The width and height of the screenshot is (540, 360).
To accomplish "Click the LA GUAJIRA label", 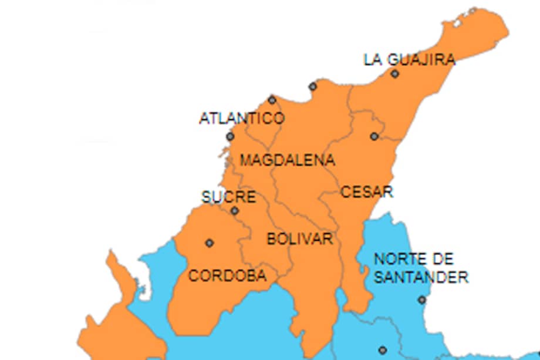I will (x=409, y=60).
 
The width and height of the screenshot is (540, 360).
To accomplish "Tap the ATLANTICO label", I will (x=242, y=119).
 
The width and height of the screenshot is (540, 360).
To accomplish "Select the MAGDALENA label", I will (x=288, y=160).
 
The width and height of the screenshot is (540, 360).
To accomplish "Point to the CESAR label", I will (x=367, y=192).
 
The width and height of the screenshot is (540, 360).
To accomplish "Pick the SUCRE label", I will (x=228, y=197).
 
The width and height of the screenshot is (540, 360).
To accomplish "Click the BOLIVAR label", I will (x=300, y=239).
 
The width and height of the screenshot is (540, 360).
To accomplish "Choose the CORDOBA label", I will (x=227, y=275).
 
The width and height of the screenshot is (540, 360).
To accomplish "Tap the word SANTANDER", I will (x=421, y=277).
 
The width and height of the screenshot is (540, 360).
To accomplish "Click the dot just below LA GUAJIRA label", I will (x=395, y=74).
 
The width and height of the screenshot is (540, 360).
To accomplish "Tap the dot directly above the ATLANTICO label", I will (x=272, y=100).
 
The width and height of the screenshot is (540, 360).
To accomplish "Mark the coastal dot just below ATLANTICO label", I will (x=230, y=137).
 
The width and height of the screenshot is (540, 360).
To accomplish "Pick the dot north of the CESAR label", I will (x=374, y=136).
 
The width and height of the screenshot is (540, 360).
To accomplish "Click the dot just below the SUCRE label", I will (x=235, y=211).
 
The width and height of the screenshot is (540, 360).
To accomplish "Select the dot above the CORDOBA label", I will (x=209, y=243).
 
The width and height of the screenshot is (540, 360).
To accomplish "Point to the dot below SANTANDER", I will (x=421, y=300).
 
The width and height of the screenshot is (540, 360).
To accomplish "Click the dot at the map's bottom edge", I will (x=383, y=350).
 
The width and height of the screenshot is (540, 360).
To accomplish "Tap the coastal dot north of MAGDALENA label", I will (x=313, y=87).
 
